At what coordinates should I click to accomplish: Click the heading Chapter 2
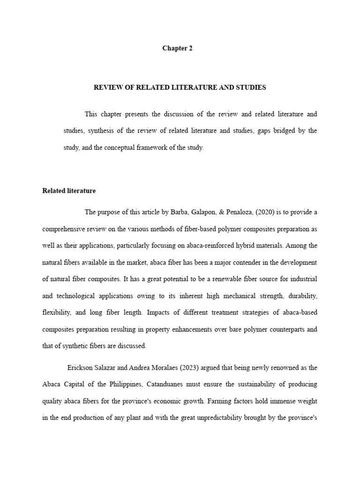coord(177,48)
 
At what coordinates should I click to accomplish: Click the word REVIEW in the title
coord(108,87)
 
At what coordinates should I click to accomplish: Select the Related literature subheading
coord(69,191)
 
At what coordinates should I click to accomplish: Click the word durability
coord(303,296)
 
